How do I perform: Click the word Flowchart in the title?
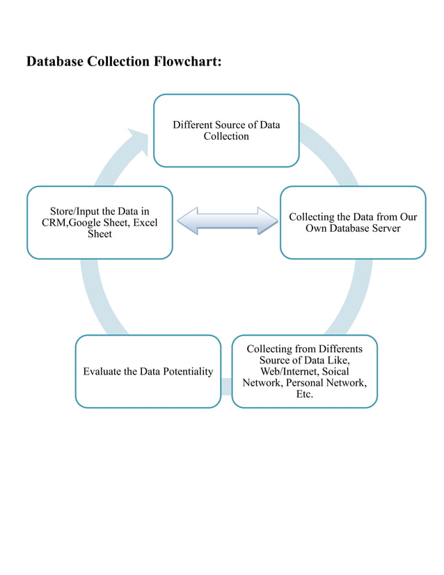[182, 62]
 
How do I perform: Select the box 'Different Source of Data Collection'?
[226, 131]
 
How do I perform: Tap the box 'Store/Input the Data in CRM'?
[100, 223]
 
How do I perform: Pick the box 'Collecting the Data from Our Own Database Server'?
[353, 223]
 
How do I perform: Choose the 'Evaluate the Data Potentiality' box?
[148, 371]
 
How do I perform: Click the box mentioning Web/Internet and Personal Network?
[304, 371]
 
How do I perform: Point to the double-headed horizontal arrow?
[227, 220]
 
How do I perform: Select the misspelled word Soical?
[337, 372]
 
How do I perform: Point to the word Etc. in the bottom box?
[304, 395]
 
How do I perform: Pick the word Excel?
[145, 223]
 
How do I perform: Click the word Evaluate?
[102, 372]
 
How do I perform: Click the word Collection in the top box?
[226, 136]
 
